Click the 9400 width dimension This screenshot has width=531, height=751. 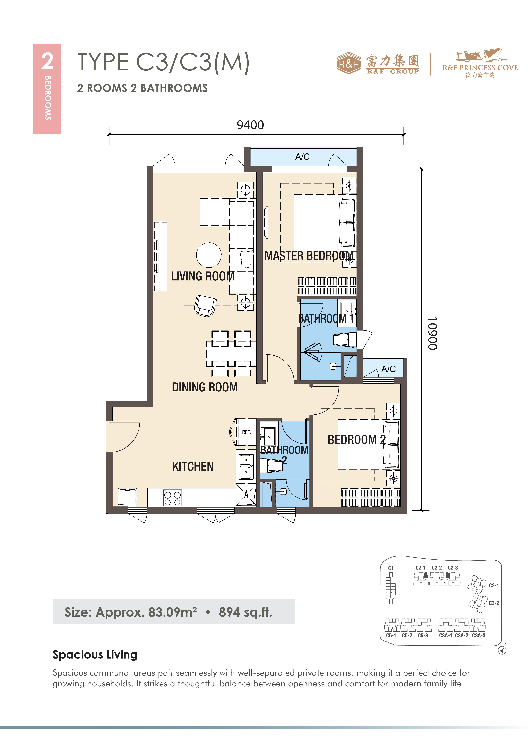click(x=250, y=125)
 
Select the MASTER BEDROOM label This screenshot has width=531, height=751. click(x=309, y=256)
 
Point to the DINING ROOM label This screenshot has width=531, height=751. click(x=205, y=387)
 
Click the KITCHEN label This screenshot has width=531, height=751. click(x=193, y=466)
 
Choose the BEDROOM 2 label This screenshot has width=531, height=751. click(x=357, y=440)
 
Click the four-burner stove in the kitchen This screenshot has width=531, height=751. click(x=172, y=498)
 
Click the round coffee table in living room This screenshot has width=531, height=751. click(x=209, y=255)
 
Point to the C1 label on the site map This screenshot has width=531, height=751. click(x=391, y=568)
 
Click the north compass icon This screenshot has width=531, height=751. click(x=502, y=650)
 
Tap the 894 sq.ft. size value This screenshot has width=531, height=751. click(x=245, y=612)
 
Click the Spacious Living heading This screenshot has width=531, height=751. click(x=95, y=655)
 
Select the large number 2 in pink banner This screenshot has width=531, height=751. click(x=47, y=61)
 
